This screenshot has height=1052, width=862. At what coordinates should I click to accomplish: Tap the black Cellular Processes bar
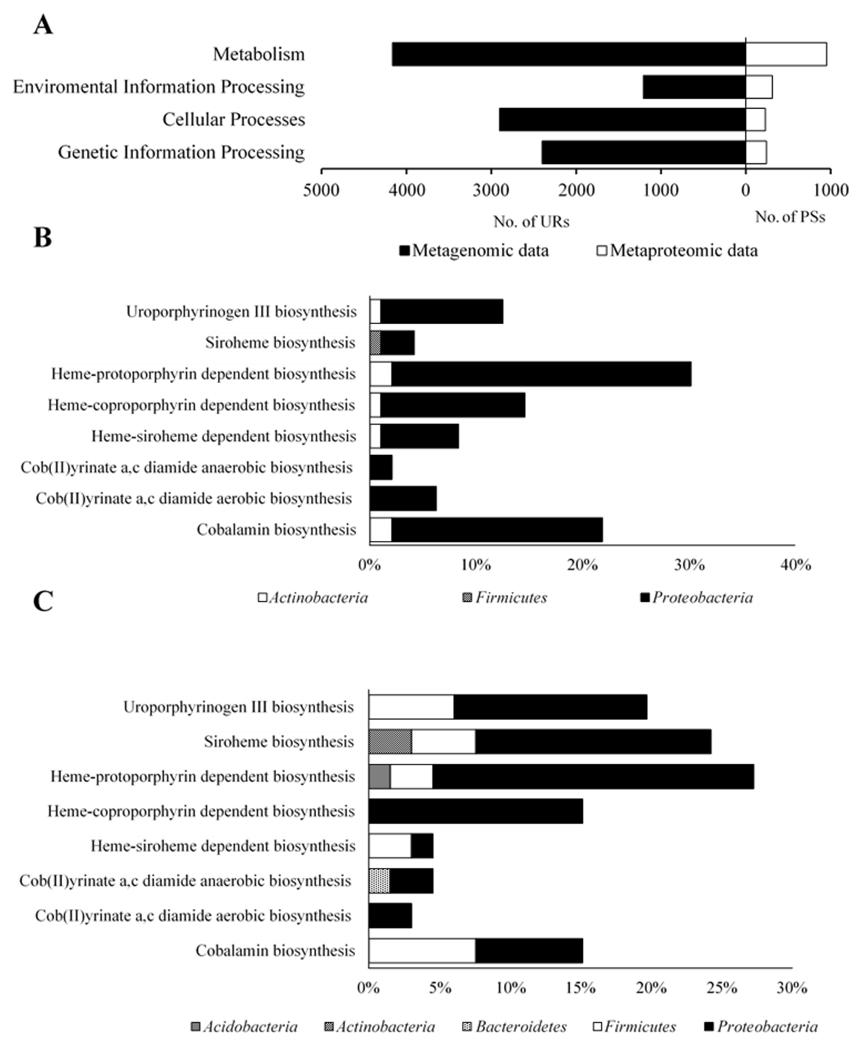coord(622,120)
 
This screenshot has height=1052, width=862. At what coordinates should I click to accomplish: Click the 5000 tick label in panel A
coord(321,190)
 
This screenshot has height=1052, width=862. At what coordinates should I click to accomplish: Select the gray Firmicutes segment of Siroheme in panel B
coord(375,343)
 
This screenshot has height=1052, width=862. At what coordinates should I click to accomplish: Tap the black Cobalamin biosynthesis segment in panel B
coord(497,530)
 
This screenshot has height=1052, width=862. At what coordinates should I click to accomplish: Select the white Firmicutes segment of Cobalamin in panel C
coord(422,950)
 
